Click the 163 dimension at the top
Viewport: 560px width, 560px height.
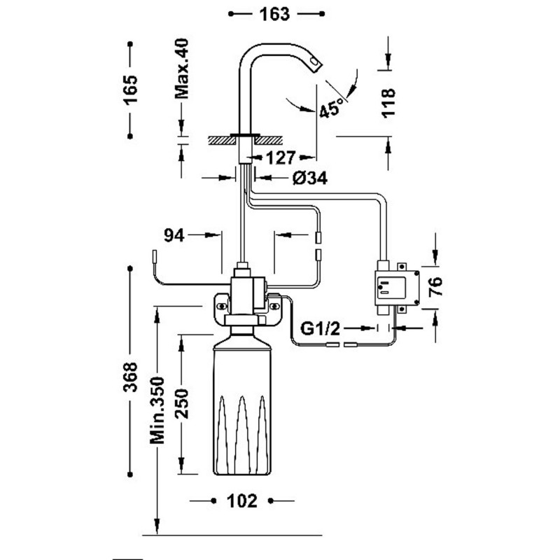pyautogui.click(x=278, y=14)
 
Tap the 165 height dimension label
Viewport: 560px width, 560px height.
pyautogui.click(x=131, y=90)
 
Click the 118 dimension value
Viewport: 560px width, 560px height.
pyautogui.click(x=390, y=102)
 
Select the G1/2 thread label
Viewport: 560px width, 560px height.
pyautogui.click(x=319, y=328)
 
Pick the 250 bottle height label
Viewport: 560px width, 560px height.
pyautogui.click(x=183, y=405)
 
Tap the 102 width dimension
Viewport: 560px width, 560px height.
pyautogui.click(x=243, y=501)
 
